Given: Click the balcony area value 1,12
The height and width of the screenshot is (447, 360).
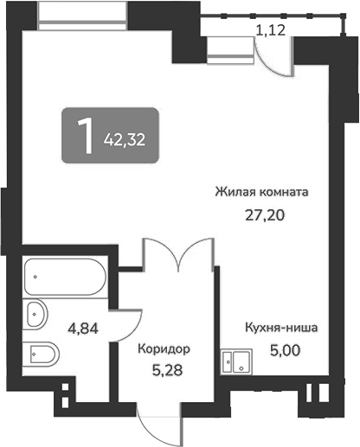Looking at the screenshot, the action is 271,30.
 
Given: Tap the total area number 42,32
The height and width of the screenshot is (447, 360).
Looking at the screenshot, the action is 125,140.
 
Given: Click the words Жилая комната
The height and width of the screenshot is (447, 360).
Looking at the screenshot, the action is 261,192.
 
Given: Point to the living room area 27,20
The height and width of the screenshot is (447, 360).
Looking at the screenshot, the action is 265,214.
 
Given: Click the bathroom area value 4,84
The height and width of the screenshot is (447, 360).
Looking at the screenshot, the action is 83,328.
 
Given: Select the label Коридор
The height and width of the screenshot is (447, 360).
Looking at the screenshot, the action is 164,349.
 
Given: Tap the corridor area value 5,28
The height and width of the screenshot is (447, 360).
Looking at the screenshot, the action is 167,370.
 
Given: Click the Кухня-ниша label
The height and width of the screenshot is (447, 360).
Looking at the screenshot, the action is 281,328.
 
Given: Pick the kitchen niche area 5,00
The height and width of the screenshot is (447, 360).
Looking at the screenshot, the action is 286,350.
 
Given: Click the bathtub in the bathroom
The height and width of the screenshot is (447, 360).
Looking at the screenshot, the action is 65,277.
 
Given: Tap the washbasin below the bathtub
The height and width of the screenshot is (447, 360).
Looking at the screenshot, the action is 35,314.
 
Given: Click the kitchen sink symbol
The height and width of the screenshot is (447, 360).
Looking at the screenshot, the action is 236,361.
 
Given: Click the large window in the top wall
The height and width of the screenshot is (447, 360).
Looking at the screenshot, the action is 82,16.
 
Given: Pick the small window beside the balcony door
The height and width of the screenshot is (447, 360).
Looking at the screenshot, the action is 230,50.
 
